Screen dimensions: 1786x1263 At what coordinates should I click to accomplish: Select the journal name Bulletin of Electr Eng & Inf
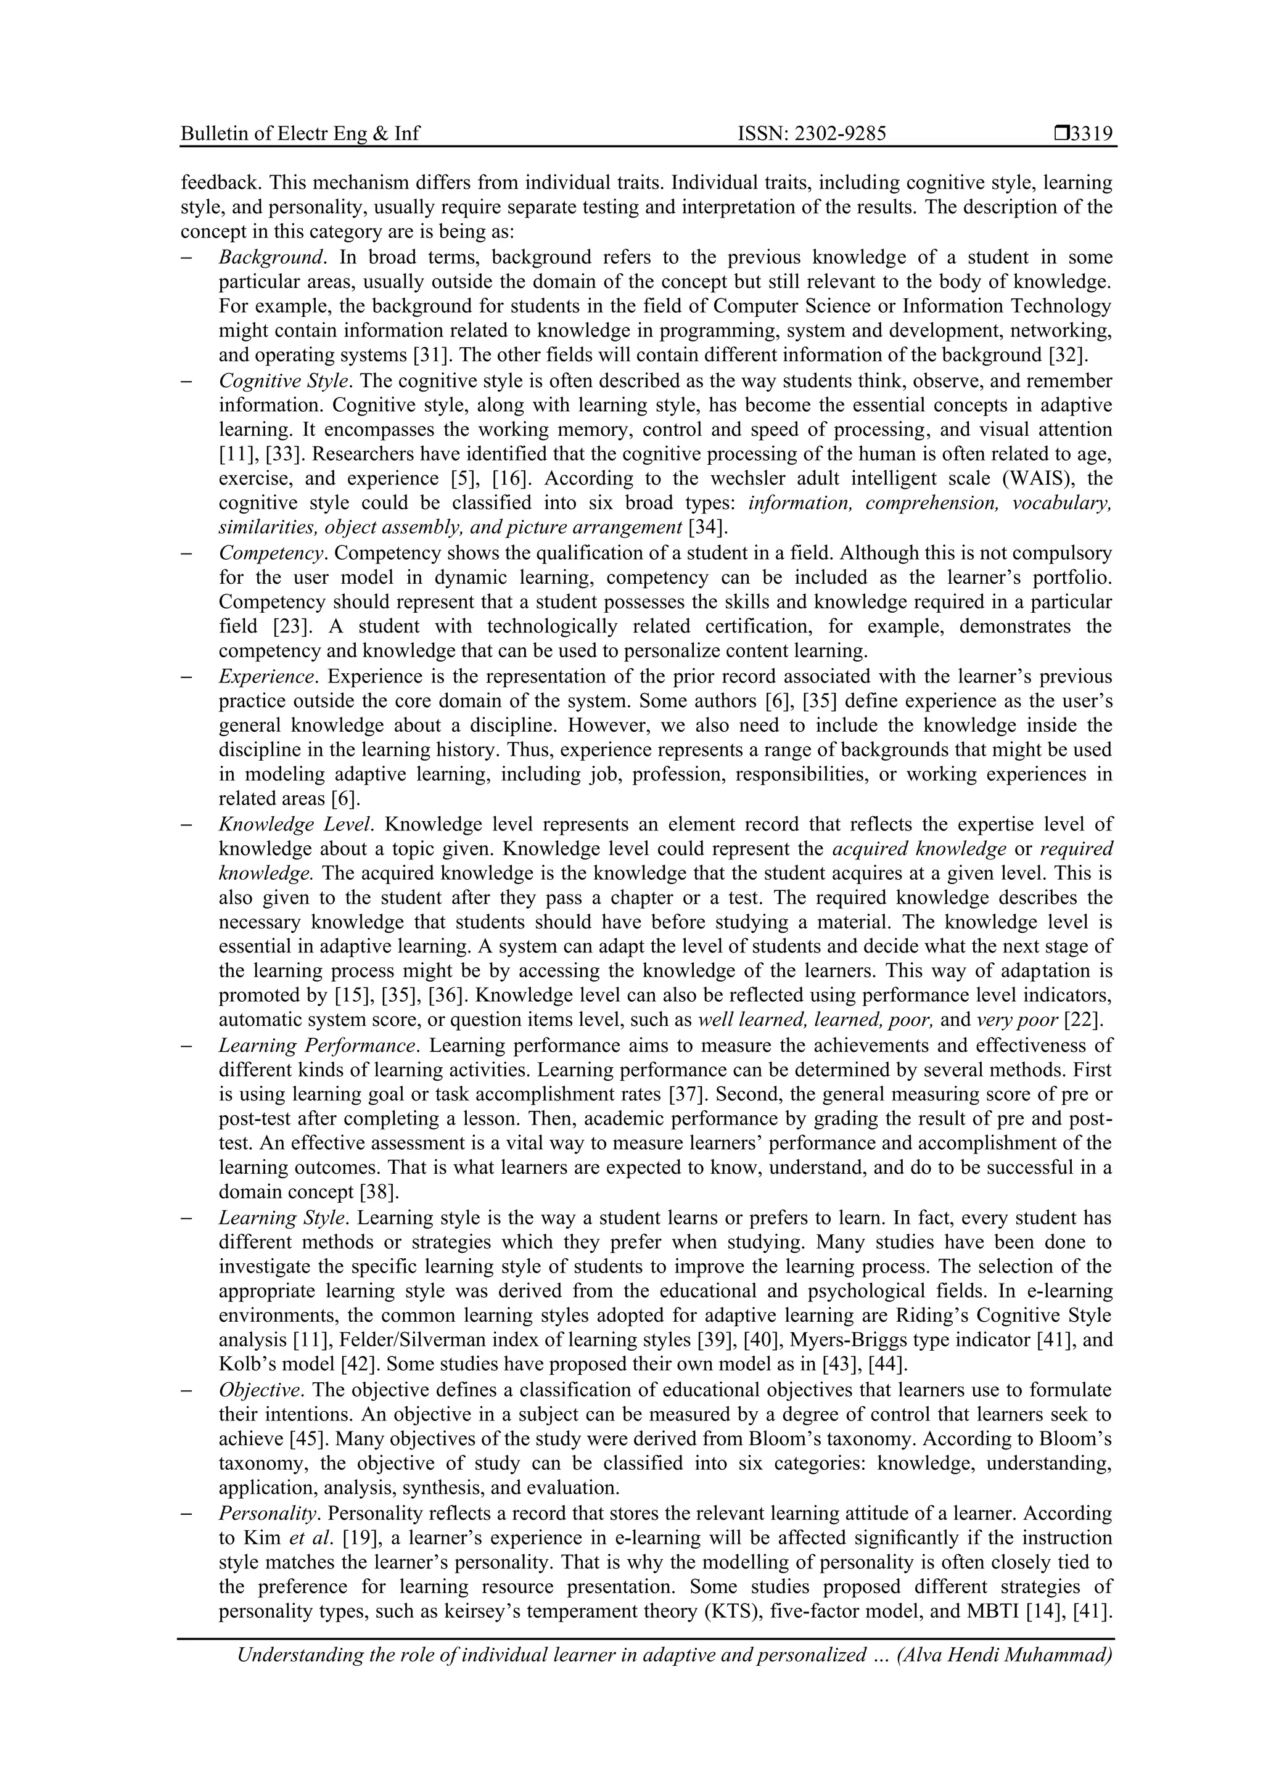[300, 134]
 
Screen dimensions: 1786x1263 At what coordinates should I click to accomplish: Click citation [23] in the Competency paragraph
[288, 627]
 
